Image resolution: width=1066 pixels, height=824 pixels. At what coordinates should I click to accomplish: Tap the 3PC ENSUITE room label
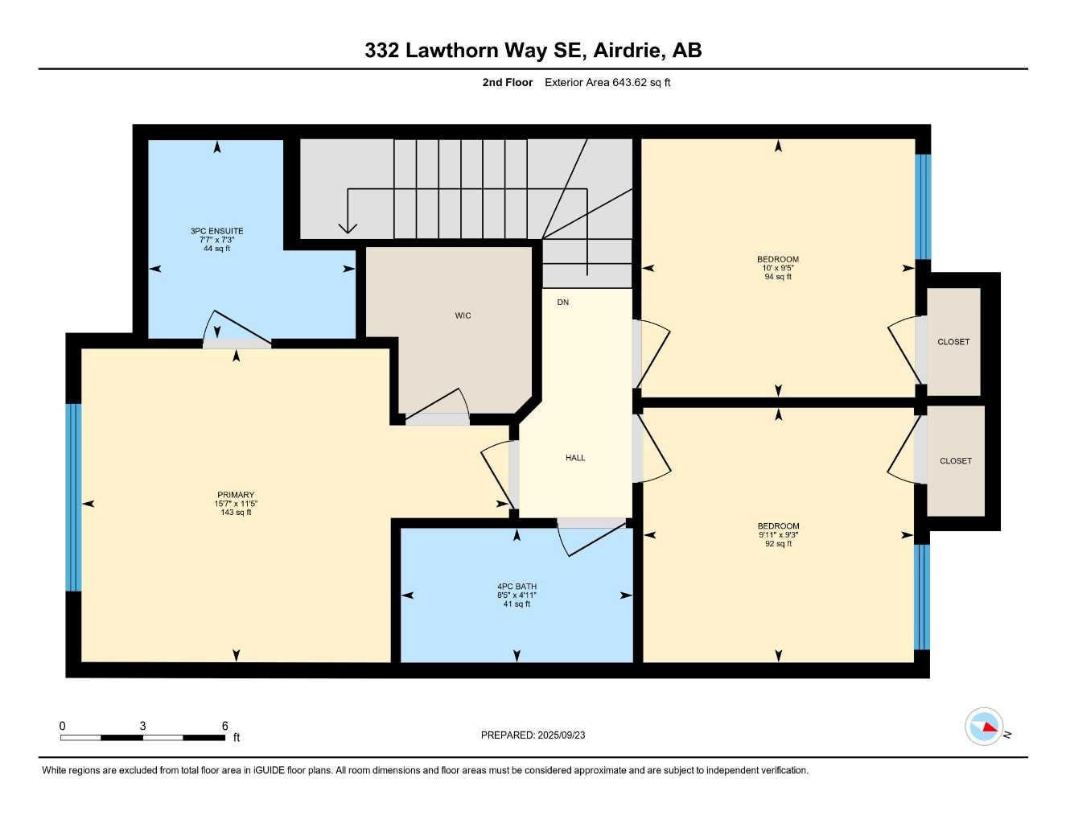(216, 231)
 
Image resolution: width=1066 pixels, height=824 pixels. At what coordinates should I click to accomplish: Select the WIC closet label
(463, 315)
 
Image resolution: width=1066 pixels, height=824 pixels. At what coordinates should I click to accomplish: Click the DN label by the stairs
(562, 303)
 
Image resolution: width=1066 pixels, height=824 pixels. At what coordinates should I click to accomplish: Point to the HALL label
(575, 458)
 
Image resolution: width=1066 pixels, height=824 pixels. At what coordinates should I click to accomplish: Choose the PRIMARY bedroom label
(236, 495)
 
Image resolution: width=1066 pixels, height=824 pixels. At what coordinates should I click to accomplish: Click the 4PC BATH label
(517, 587)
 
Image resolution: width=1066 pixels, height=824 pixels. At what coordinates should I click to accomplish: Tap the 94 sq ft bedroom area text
(778, 277)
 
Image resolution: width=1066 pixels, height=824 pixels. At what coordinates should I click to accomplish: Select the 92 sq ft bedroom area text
(778, 544)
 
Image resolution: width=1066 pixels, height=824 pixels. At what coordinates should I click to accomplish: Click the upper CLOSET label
(953, 342)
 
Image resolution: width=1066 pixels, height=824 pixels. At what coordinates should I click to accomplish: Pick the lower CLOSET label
(956, 461)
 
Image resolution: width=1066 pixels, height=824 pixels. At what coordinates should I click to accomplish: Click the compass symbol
(984, 727)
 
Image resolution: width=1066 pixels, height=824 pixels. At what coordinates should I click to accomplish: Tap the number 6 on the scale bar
(224, 726)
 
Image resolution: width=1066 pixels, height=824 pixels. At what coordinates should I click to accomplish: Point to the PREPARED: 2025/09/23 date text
(533, 735)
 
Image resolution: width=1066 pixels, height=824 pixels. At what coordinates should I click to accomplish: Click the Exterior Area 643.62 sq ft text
(607, 82)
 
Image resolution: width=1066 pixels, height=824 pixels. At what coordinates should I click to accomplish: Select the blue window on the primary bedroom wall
(73, 497)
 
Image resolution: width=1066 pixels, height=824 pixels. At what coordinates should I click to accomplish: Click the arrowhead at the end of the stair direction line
(347, 228)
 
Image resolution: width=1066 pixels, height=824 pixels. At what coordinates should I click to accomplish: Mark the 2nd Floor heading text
(507, 82)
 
